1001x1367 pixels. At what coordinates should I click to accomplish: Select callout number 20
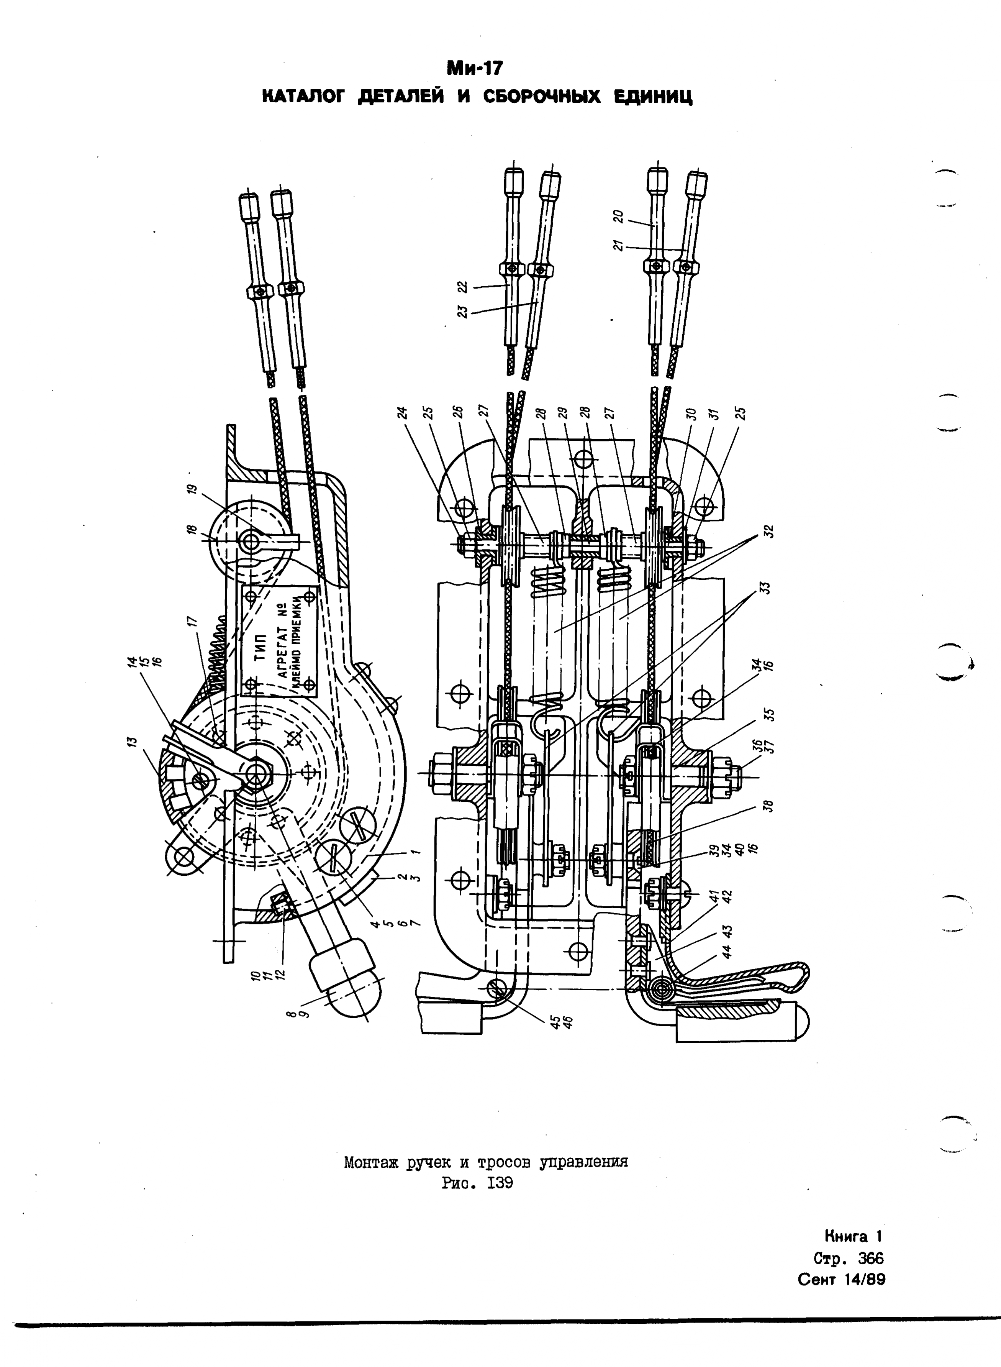pyautogui.click(x=618, y=217)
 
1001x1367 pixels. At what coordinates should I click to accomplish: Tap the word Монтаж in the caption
pyautogui.click(x=370, y=1162)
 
